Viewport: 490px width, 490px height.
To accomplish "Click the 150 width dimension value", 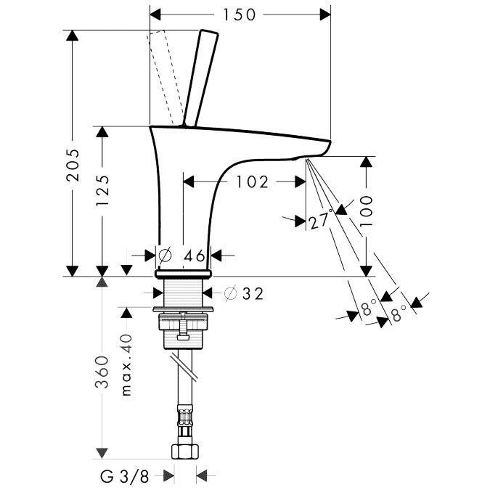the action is tap(239, 15).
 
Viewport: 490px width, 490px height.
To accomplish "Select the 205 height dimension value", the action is tap(73, 166).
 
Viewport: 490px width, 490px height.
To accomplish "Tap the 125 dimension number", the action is tap(102, 190).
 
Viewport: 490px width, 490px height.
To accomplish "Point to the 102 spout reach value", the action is tap(252, 182).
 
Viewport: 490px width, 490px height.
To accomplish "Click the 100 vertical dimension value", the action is tap(366, 211).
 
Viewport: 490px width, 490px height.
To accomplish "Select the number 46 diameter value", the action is tap(194, 256).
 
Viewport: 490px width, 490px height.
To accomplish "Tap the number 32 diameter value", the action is tap(253, 293).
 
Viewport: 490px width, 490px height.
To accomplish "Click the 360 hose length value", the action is tap(102, 371).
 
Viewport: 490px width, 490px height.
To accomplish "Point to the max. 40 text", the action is tap(126, 365).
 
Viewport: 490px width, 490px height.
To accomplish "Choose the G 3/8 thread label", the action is tap(124, 476).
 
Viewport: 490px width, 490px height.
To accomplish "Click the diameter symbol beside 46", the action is tap(165, 256).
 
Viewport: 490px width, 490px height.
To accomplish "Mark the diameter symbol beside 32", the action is tap(231, 294).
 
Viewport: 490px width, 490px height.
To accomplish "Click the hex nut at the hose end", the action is tap(185, 452).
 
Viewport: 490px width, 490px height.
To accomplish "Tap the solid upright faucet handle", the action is tap(200, 78).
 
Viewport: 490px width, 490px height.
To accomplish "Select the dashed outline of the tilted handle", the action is tap(164, 77).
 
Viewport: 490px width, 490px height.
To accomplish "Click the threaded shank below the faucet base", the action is tap(183, 293).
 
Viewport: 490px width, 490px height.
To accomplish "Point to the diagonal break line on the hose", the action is tap(184, 368).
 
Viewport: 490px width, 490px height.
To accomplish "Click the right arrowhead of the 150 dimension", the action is tap(325, 15).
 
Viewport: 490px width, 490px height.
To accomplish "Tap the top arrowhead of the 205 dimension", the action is tap(73, 36).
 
